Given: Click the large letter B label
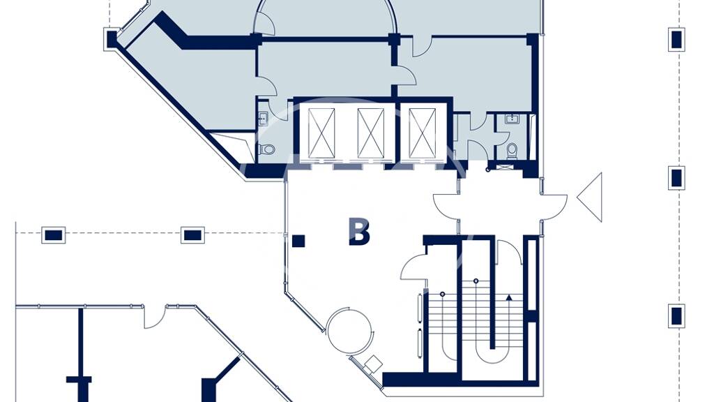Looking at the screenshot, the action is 359,232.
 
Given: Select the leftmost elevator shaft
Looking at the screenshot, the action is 321,133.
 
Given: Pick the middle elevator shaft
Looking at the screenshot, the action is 371,133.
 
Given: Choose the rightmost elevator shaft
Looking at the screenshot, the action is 422,133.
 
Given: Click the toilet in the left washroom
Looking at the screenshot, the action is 266,149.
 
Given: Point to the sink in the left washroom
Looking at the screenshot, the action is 263,119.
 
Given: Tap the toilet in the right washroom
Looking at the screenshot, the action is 512,151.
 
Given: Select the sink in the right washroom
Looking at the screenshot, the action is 512,119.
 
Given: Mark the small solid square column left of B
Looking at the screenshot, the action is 298,241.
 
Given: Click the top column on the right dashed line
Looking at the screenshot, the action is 676,39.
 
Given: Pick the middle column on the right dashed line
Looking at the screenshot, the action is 676,178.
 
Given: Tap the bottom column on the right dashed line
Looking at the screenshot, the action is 676,315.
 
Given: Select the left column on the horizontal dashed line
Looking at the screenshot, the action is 53,235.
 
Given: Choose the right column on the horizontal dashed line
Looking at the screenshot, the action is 192,235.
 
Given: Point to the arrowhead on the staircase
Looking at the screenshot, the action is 509,297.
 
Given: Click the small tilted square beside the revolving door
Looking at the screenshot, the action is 374,364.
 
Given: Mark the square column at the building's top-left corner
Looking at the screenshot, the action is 112,39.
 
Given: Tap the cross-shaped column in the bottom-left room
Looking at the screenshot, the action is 79,380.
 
